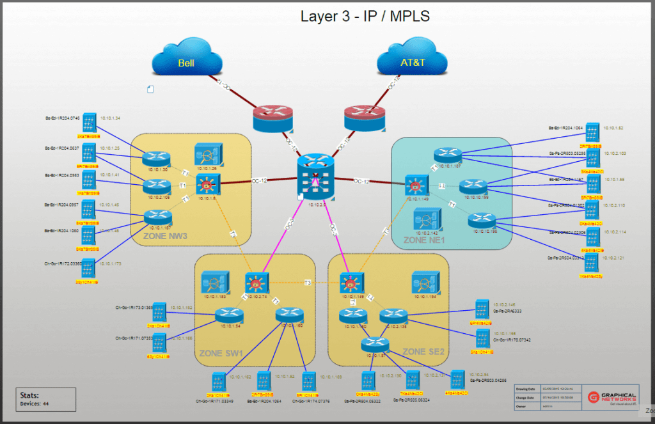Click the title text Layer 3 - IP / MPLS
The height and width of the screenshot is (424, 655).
point(365,16)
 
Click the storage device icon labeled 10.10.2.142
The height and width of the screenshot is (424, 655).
point(426,219)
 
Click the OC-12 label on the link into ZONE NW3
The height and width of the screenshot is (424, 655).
point(258,180)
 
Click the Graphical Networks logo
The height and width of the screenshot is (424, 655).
point(611,398)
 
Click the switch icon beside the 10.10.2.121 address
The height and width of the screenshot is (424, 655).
point(592,263)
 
